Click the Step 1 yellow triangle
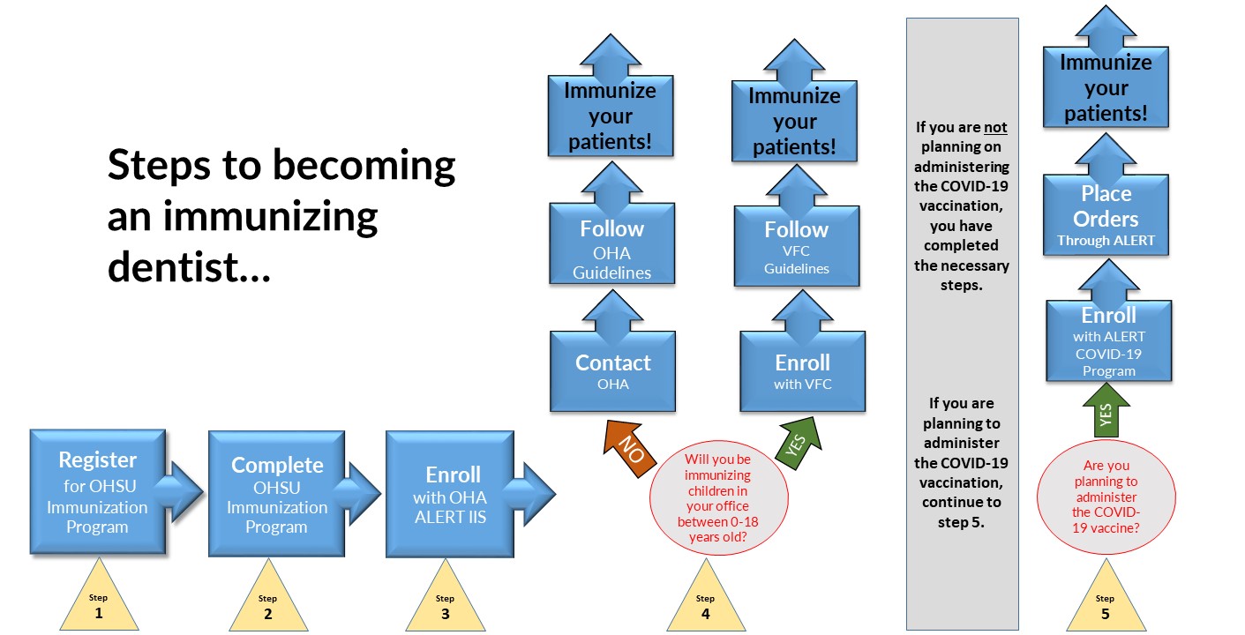tap(98, 604)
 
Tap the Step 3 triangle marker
tap(445, 604)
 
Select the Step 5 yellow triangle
tap(1105, 604)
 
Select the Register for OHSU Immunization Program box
tap(98, 492)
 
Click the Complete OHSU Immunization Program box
tap(277, 494)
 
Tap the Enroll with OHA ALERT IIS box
tap(450, 495)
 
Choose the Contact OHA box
tap(612, 371)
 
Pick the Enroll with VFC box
tap(802, 371)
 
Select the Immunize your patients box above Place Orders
tap(1106, 87)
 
